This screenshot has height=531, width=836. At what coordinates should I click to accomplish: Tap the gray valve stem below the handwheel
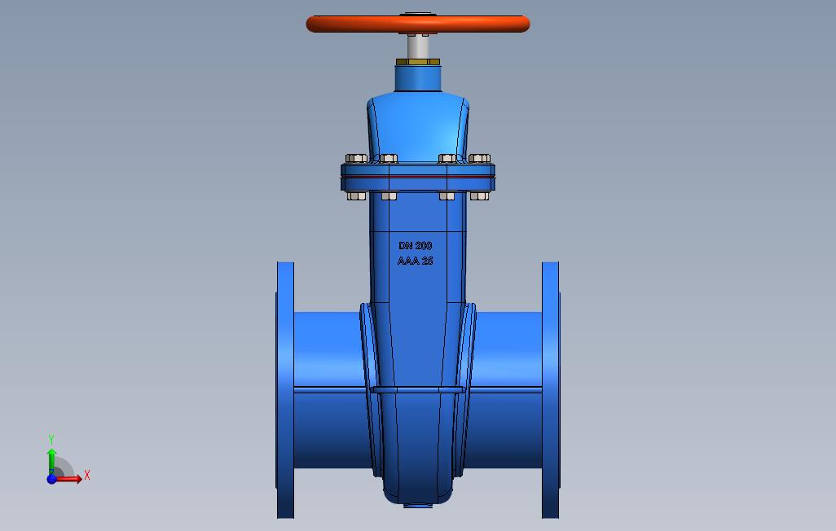click(418, 46)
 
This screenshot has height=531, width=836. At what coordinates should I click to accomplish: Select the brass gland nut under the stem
click(418, 62)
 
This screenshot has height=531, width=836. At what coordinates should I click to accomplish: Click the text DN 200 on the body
click(416, 245)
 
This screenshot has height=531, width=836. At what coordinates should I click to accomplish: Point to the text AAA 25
click(416, 261)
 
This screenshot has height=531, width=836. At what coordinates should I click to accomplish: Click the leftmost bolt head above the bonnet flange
click(355, 158)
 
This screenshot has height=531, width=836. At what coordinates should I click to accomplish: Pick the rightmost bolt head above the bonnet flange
click(480, 158)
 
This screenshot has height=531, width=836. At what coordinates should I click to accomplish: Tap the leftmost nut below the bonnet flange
click(355, 195)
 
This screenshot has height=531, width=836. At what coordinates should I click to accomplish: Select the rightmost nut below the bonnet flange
click(480, 195)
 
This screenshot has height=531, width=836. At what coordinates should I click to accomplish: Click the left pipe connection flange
click(285, 391)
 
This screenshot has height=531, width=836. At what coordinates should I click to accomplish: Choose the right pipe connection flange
click(551, 391)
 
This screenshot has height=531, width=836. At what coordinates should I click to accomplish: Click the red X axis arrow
click(69, 479)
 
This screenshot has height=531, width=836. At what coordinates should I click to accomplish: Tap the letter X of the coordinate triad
click(86, 475)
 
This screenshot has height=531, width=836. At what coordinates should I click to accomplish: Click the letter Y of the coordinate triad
click(51, 440)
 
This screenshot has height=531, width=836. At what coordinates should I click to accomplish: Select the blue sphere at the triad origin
click(52, 479)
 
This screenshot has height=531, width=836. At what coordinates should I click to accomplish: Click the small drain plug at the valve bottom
click(417, 505)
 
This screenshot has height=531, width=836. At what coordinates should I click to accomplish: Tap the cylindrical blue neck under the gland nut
click(418, 78)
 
